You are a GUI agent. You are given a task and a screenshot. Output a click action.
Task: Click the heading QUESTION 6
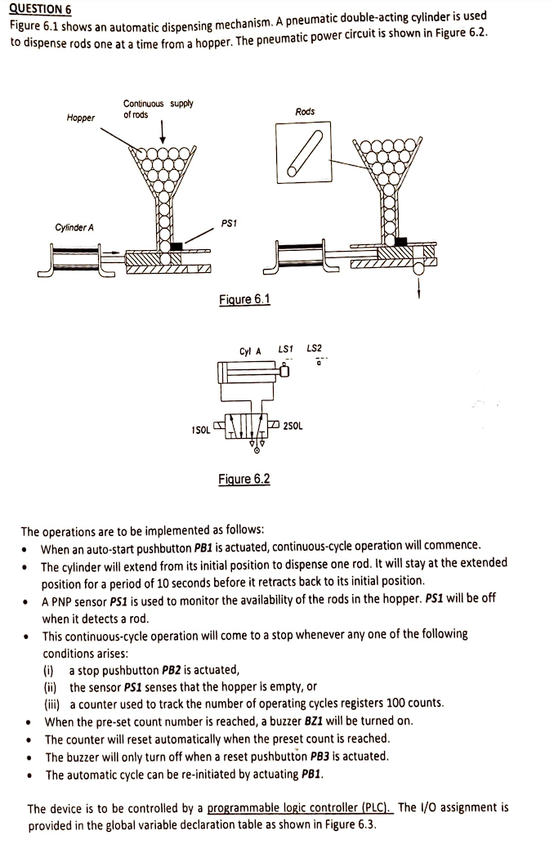[40, 9]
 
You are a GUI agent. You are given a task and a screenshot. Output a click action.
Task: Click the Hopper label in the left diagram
[80, 118]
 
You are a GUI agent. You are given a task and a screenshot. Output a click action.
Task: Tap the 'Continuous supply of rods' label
[158, 109]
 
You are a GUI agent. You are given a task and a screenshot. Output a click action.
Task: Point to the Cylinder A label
[74, 227]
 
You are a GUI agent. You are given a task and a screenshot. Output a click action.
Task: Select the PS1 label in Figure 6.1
[229, 222]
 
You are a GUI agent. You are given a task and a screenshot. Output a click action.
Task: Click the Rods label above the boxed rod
[305, 111]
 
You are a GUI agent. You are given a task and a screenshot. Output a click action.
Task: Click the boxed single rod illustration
[305, 151]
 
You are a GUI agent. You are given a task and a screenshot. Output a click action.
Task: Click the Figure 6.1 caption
[244, 299]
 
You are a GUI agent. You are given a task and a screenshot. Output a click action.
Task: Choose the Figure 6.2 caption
[244, 479]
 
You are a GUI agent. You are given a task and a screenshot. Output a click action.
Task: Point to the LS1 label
[286, 350]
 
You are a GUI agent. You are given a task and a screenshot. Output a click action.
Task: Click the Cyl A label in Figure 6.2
[250, 352]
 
